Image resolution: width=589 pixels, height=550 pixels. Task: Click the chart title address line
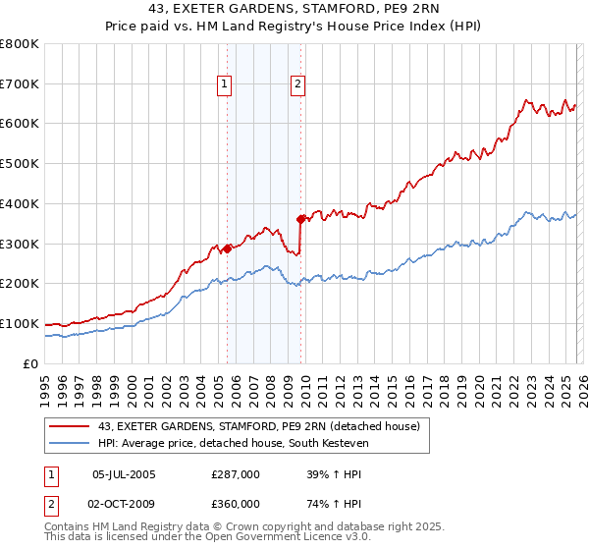coord(294,10)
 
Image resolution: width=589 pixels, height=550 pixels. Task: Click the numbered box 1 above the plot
coord(226,85)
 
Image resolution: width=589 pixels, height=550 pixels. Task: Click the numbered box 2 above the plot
coord(296,85)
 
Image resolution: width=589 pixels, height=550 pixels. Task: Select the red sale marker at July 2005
coord(227,248)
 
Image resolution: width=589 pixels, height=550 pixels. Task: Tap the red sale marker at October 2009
coord(301,219)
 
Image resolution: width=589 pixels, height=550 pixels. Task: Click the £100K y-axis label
coord(20,323)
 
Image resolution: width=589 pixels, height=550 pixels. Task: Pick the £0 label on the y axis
coord(31,363)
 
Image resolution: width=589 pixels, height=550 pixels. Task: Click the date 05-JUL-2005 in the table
coord(124,474)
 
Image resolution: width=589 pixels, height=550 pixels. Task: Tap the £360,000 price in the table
coord(236,504)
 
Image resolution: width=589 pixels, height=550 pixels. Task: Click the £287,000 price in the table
coord(236,474)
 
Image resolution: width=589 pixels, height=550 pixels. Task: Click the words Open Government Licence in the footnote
coord(274,538)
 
